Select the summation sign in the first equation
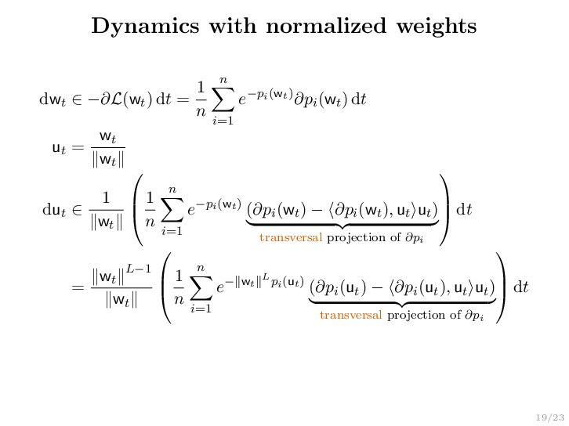tap(223, 99)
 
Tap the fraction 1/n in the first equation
tap(200, 99)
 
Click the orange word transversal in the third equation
tap(290, 237)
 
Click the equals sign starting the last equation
tap(77, 287)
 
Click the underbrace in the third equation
tap(342, 225)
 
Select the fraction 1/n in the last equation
tap(178, 287)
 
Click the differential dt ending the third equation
tap(463, 210)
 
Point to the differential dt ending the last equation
tap(520, 287)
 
